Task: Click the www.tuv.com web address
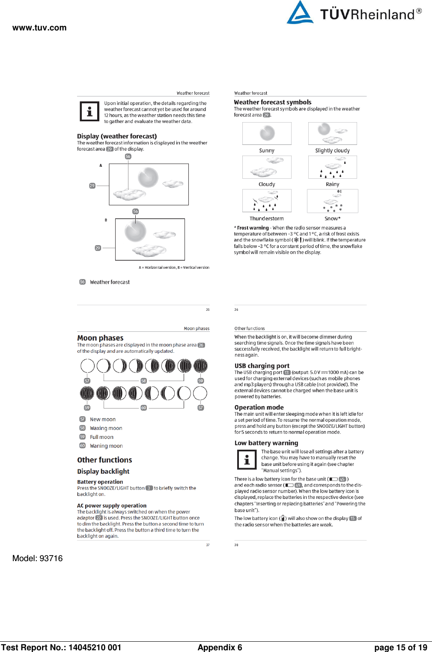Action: tap(39, 28)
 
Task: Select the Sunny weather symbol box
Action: tap(267, 133)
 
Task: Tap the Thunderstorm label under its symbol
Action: tap(267, 219)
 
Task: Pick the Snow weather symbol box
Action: tap(332, 201)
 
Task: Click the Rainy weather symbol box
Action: tap(332, 167)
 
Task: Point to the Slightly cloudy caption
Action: tap(332, 150)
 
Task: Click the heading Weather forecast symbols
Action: tap(272, 102)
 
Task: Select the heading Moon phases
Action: tap(100, 338)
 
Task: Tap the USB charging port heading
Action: tap(262, 366)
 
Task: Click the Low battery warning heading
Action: tap(266, 443)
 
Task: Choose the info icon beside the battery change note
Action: tap(247, 460)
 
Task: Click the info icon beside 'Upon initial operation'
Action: tap(89, 111)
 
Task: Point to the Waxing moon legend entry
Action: tap(106, 428)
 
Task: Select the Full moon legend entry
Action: tap(101, 437)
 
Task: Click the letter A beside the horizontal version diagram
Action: tap(101, 165)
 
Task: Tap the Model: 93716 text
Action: tap(37, 558)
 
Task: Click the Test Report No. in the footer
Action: tap(61, 647)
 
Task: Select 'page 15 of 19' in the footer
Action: tap(400, 647)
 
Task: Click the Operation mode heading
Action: tap(259, 407)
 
